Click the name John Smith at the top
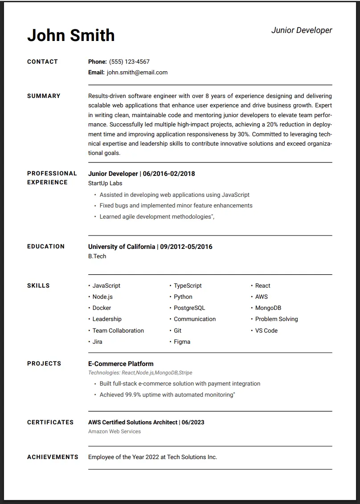(x=71, y=35)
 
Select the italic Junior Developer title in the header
(x=302, y=30)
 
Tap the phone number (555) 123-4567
(x=129, y=62)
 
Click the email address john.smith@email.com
(x=137, y=73)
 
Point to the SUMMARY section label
(x=44, y=96)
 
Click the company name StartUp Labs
(x=105, y=183)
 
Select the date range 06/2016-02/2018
(x=169, y=174)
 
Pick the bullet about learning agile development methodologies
(x=157, y=217)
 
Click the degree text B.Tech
(x=97, y=256)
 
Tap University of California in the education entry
(x=122, y=247)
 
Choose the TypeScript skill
(x=188, y=286)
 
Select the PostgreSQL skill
(x=189, y=308)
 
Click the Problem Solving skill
(x=276, y=319)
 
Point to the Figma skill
(x=182, y=342)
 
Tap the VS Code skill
(x=266, y=331)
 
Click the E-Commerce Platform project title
(x=121, y=364)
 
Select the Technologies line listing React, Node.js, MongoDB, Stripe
(x=140, y=373)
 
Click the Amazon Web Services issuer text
(x=115, y=431)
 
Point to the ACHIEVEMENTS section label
(x=53, y=457)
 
